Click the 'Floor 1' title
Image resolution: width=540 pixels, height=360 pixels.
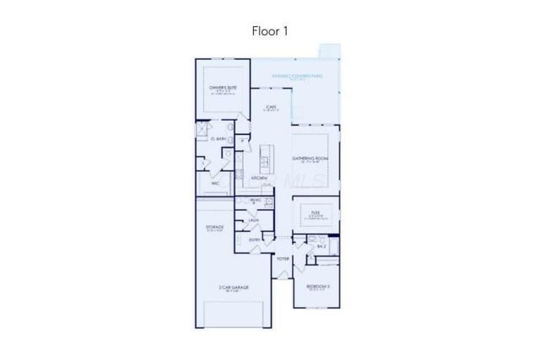[x=270, y=31]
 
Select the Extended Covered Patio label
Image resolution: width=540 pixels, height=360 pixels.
[x=297, y=76]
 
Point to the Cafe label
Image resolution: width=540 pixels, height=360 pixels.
[x=271, y=107]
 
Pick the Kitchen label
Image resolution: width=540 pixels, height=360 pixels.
[x=259, y=179]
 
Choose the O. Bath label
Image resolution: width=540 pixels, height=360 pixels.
[x=219, y=138]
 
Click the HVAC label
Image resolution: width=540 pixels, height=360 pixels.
[x=256, y=200]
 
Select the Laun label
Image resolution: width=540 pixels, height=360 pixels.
[x=253, y=220]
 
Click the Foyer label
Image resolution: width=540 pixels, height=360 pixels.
[x=283, y=258]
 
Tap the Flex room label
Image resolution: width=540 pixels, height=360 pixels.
[x=315, y=213]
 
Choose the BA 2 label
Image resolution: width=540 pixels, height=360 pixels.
[x=321, y=247]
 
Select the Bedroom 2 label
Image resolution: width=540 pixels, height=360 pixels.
[x=317, y=287]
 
